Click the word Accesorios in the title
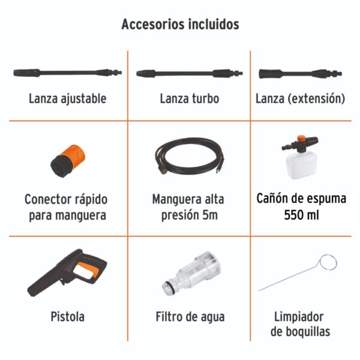(153, 24)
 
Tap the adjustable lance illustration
(67, 73)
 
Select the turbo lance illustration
(190, 73)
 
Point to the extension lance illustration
(301, 74)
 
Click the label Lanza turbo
(190, 99)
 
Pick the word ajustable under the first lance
(83, 99)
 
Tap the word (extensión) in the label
(316, 99)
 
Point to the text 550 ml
(301, 215)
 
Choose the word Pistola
(67, 317)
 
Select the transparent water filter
(191, 272)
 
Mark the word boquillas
(308, 332)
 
